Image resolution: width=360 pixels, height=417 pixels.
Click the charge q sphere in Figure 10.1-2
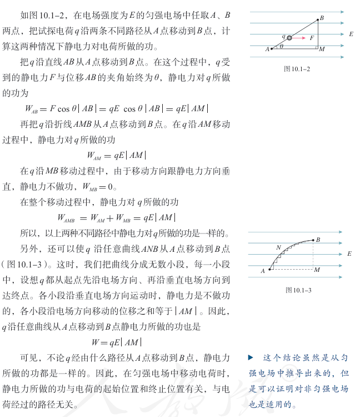click(289, 37)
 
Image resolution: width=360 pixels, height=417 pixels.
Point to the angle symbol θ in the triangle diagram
click(282, 47)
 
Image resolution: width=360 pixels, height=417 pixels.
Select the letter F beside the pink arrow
click(312, 38)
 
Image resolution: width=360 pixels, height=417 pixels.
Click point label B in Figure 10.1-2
click(321, 18)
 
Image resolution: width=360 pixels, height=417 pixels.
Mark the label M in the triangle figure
click(322, 50)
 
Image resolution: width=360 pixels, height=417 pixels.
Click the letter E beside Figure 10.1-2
click(351, 34)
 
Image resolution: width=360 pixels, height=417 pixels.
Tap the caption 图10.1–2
click(297, 68)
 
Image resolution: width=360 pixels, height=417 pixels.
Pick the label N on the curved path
click(278, 247)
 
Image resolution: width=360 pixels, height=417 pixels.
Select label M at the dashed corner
click(317, 270)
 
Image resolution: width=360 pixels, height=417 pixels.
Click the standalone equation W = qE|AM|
click(117, 342)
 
